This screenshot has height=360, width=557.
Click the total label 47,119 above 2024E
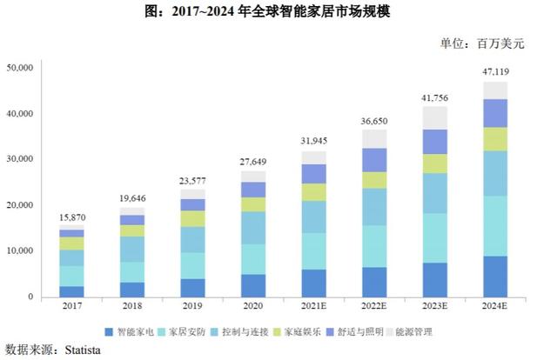pos(494,70)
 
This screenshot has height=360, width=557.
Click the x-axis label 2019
pos(193,308)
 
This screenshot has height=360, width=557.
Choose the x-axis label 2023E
pos(434,308)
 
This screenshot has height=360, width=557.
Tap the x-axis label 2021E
pos(314,308)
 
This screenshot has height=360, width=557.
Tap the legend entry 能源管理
pos(424,331)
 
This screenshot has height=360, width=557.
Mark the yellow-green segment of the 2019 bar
pos(193,218)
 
